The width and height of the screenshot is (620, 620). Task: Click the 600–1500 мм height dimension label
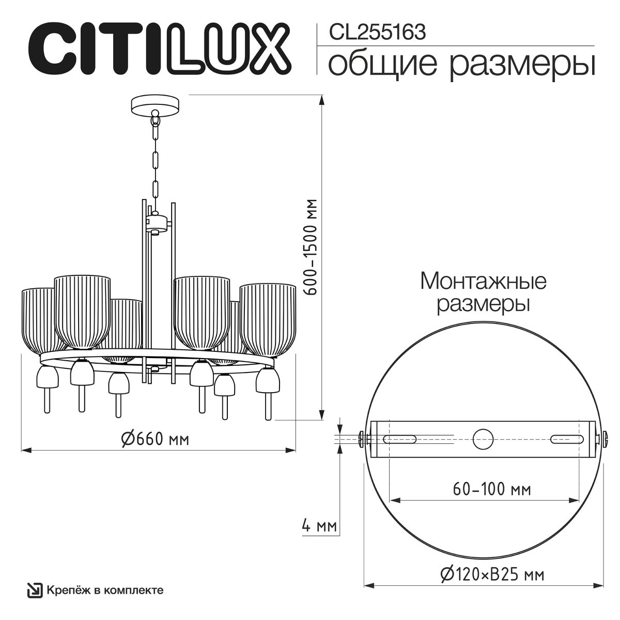[x=312, y=246]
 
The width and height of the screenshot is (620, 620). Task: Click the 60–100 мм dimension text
[x=492, y=488]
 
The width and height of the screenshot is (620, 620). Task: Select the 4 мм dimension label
[x=319, y=526]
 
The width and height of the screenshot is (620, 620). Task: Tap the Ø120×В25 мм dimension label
[x=492, y=574]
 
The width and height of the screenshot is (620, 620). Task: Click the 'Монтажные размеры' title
[x=483, y=292]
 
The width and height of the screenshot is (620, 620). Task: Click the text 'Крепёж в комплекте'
[x=105, y=590]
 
